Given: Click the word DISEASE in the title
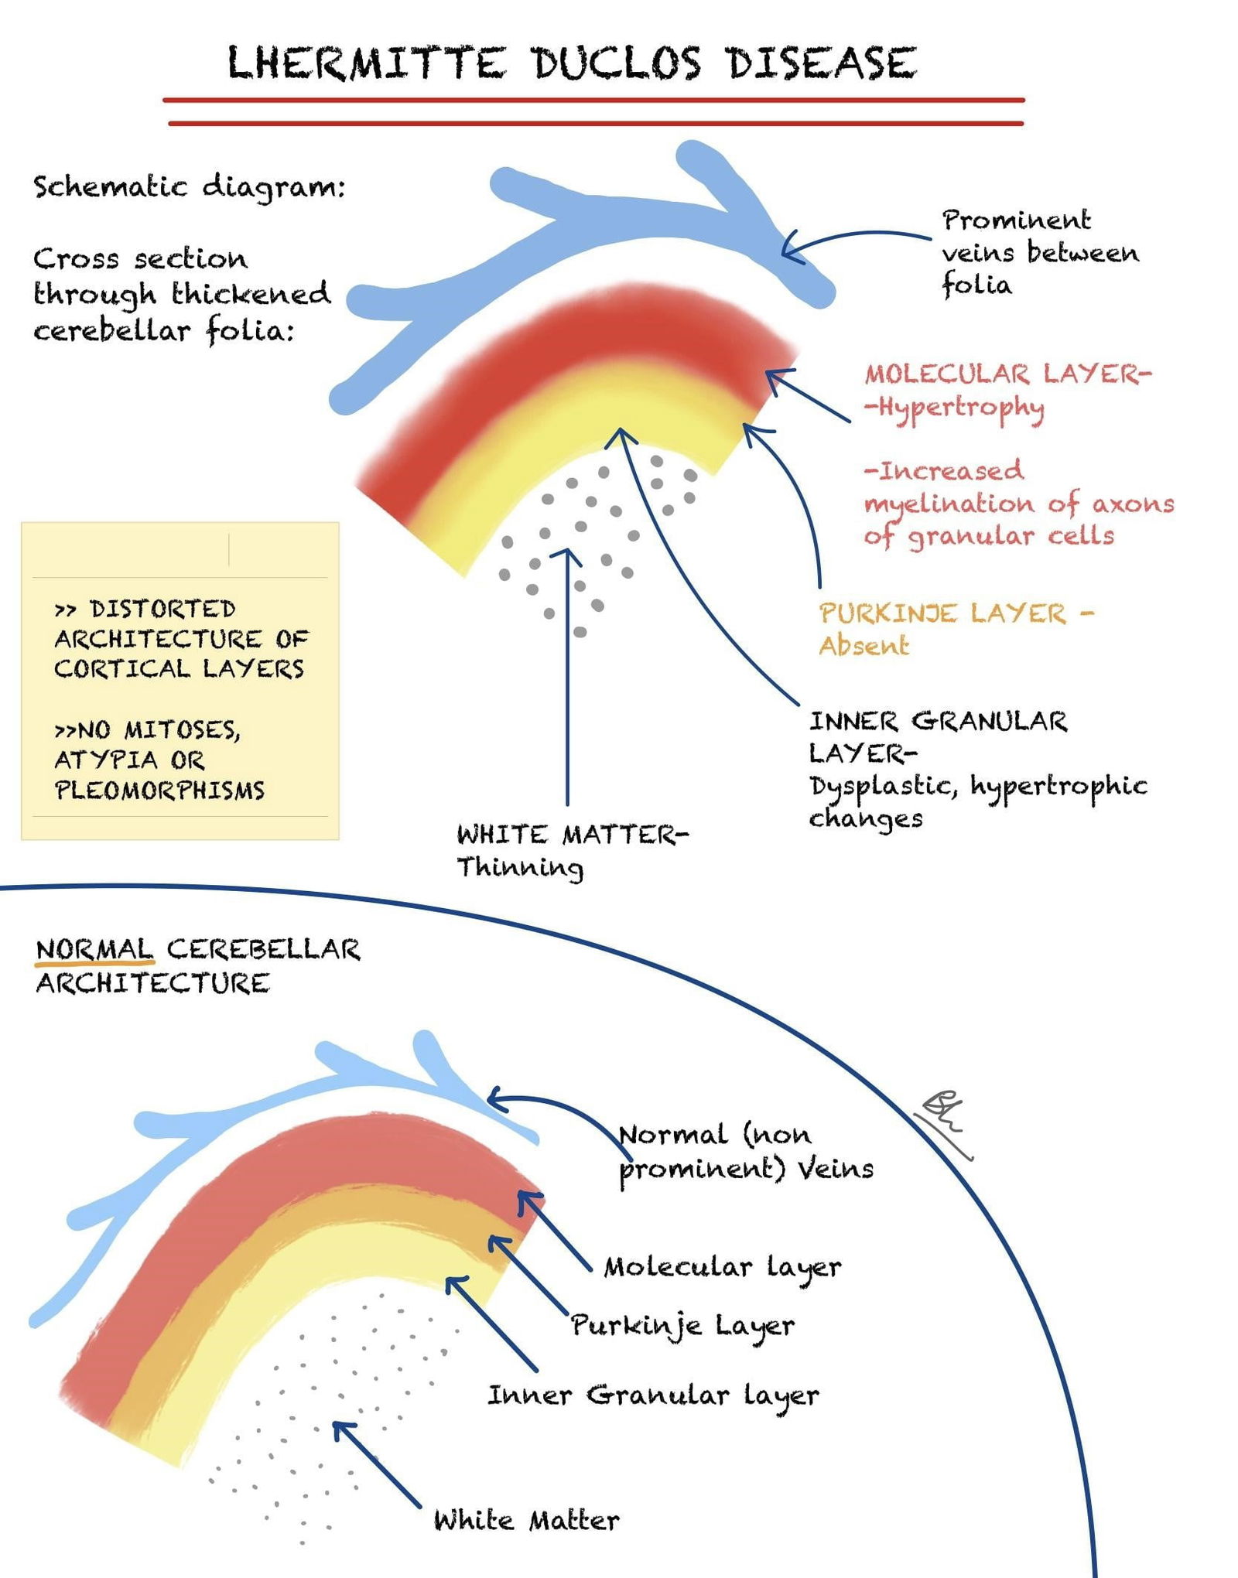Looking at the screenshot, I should [x=821, y=63].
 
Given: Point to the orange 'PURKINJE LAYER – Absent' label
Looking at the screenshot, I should [x=956, y=628].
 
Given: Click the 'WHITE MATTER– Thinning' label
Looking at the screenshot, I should [x=571, y=850].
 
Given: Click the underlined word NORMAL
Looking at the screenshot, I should [x=94, y=949].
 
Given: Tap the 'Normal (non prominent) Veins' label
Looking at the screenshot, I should [x=745, y=1151].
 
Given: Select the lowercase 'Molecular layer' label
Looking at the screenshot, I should [x=722, y=1267].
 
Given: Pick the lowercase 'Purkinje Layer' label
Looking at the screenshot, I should [x=682, y=1326].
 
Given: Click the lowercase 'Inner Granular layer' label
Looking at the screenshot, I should [x=652, y=1395].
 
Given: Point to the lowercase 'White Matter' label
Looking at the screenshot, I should [x=526, y=1521].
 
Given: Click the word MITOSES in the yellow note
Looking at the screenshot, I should [x=181, y=729].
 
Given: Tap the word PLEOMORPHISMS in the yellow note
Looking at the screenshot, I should [x=159, y=791].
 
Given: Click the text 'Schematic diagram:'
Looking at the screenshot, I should [x=189, y=187].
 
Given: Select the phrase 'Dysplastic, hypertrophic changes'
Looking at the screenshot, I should [x=976, y=801].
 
